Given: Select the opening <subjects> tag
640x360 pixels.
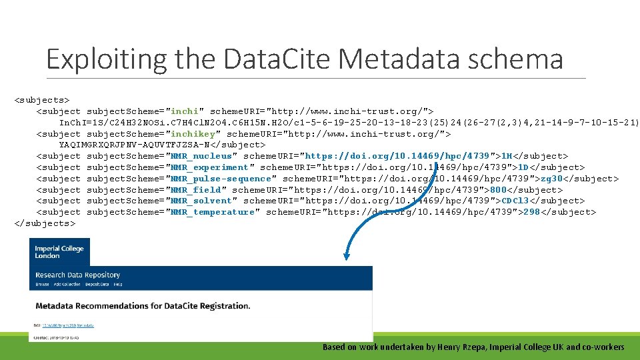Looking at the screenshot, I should pyautogui.click(x=43, y=99).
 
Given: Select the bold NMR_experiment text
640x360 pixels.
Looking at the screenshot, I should pyautogui.click(x=209, y=167).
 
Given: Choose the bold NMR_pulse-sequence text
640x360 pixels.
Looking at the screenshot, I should pyautogui.click(x=221, y=179).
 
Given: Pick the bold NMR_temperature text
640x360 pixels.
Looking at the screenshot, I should pyautogui.click(x=212, y=212).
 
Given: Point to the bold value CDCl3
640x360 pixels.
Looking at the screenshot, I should pyautogui.click(x=515, y=201).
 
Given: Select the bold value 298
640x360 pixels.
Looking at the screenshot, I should pyautogui.click(x=531, y=212).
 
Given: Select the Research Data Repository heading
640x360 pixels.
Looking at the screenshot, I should pyautogui.click(x=78, y=275).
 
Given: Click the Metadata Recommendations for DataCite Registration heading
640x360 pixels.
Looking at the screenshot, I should pyautogui.click(x=143, y=306).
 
